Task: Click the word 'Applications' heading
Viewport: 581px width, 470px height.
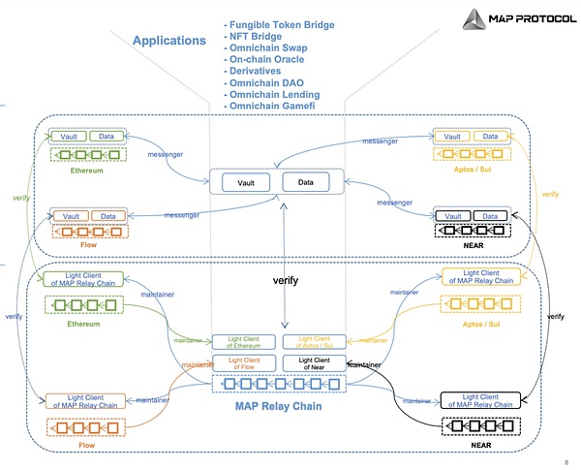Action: [x=168, y=41]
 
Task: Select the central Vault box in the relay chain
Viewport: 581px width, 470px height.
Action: [x=246, y=181]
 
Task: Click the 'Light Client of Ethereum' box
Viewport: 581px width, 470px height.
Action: [x=246, y=341]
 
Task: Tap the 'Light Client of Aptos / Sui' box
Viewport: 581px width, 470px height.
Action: [x=312, y=341]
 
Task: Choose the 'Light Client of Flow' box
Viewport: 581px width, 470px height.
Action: [x=246, y=363]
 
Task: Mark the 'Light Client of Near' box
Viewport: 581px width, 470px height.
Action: [x=312, y=363]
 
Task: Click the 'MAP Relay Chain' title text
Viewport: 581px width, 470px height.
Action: [x=278, y=406]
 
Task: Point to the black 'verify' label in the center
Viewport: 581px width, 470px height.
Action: [x=284, y=280]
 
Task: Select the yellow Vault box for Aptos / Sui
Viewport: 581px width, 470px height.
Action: [x=453, y=137]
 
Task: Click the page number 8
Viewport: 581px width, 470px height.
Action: [x=565, y=461]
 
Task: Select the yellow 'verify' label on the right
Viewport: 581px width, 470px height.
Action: [x=550, y=195]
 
